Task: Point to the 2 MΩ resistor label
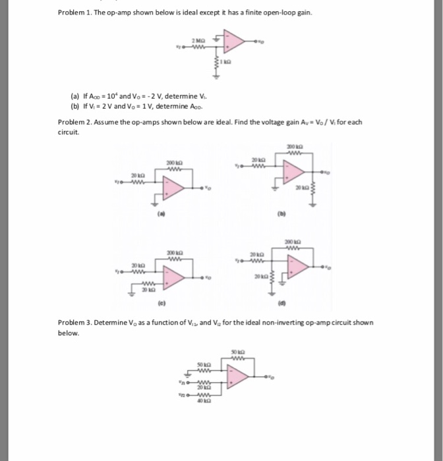(197, 40)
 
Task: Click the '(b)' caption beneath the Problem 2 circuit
(290, 214)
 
